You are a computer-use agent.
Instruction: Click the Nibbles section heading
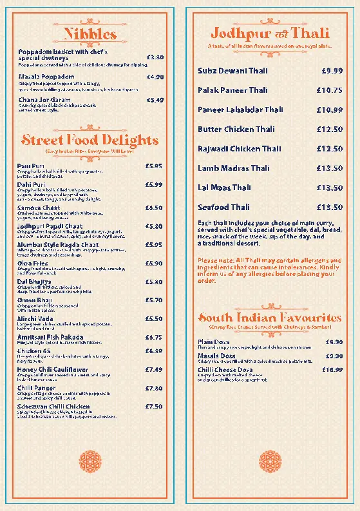[90, 34]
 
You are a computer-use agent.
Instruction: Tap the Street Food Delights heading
[90, 140]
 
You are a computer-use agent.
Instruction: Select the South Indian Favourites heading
[269, 318]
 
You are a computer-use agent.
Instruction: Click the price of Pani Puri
[154, 166]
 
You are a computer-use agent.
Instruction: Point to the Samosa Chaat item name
[39, 208]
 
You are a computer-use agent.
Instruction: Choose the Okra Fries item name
[33, 263]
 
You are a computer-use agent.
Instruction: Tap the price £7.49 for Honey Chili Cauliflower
[154, 370]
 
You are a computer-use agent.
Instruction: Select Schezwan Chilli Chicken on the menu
[53, 407]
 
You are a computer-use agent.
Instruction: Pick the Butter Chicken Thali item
[236, 130]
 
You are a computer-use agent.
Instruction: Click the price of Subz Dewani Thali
[332, 70]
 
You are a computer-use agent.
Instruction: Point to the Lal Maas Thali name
[224, 188]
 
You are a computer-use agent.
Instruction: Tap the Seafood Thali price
[329, 207]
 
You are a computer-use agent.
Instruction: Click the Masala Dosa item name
[216, 356]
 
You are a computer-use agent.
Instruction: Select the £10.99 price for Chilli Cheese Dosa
[332, 370]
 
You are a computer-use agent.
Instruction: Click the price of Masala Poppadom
[155, 77]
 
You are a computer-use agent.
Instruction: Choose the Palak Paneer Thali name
[232, 90]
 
